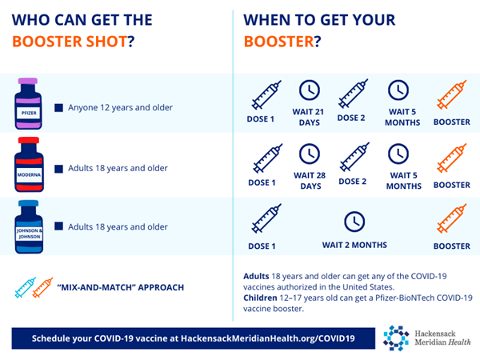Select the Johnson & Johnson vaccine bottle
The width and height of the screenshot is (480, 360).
coord(28,226)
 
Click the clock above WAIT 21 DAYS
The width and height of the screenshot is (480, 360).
coord(308,91)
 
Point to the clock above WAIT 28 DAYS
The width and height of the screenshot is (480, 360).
coord(308,152)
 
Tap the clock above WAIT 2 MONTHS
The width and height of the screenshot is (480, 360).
coord(354,221)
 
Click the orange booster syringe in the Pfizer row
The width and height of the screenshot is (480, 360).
coord(451,96)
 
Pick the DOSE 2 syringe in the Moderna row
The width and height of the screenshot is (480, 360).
coord(353,157)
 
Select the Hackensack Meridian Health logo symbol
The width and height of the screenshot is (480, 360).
coord(395,338)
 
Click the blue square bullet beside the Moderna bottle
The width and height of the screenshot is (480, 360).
coord(58,169)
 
